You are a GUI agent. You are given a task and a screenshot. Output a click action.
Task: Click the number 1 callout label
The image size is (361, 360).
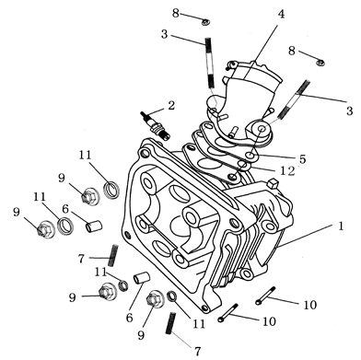coord(342,223)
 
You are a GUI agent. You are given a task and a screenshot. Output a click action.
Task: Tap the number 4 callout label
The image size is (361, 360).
coord(281,14)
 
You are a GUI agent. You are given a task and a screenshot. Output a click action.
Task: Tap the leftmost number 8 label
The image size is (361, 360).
coord(175,10)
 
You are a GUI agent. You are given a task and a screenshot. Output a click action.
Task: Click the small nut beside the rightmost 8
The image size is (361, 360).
coord(320,62)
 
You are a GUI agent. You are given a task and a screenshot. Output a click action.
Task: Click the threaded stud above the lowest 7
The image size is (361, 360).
coord(170,324)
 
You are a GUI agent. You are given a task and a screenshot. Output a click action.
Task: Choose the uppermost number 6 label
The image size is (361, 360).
coord(65,210)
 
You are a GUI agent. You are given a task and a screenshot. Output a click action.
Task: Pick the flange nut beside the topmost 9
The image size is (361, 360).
coord(90,195)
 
